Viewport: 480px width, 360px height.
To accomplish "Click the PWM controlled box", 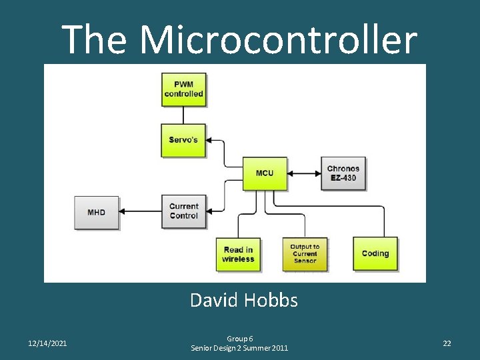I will point(183,89).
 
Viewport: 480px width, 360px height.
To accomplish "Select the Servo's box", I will point(183,140).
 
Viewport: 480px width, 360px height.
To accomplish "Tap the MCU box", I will point(265,173).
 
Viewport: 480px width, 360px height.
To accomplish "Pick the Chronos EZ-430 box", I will point(343,173).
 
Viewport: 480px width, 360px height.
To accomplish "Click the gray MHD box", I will point(97,212).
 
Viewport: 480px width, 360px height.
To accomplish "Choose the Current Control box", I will point(183,211).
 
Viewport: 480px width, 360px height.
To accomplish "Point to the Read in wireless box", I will point(238,254).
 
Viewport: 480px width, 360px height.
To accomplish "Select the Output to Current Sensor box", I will point(305,254).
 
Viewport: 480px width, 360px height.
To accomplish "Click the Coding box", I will point(375,253).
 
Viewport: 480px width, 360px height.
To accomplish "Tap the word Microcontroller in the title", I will point(279,39).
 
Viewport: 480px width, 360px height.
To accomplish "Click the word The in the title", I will point(94,39).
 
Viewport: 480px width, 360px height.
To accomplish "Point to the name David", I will point(215,301).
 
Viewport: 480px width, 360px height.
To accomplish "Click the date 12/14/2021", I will point(47,343).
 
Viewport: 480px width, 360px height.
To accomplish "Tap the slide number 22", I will point(447,343).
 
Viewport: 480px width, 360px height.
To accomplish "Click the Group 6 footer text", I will point(239,339).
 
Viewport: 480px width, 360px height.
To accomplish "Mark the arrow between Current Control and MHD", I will point(141,212).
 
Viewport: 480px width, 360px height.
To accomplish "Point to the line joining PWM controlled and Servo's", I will point(183,115).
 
